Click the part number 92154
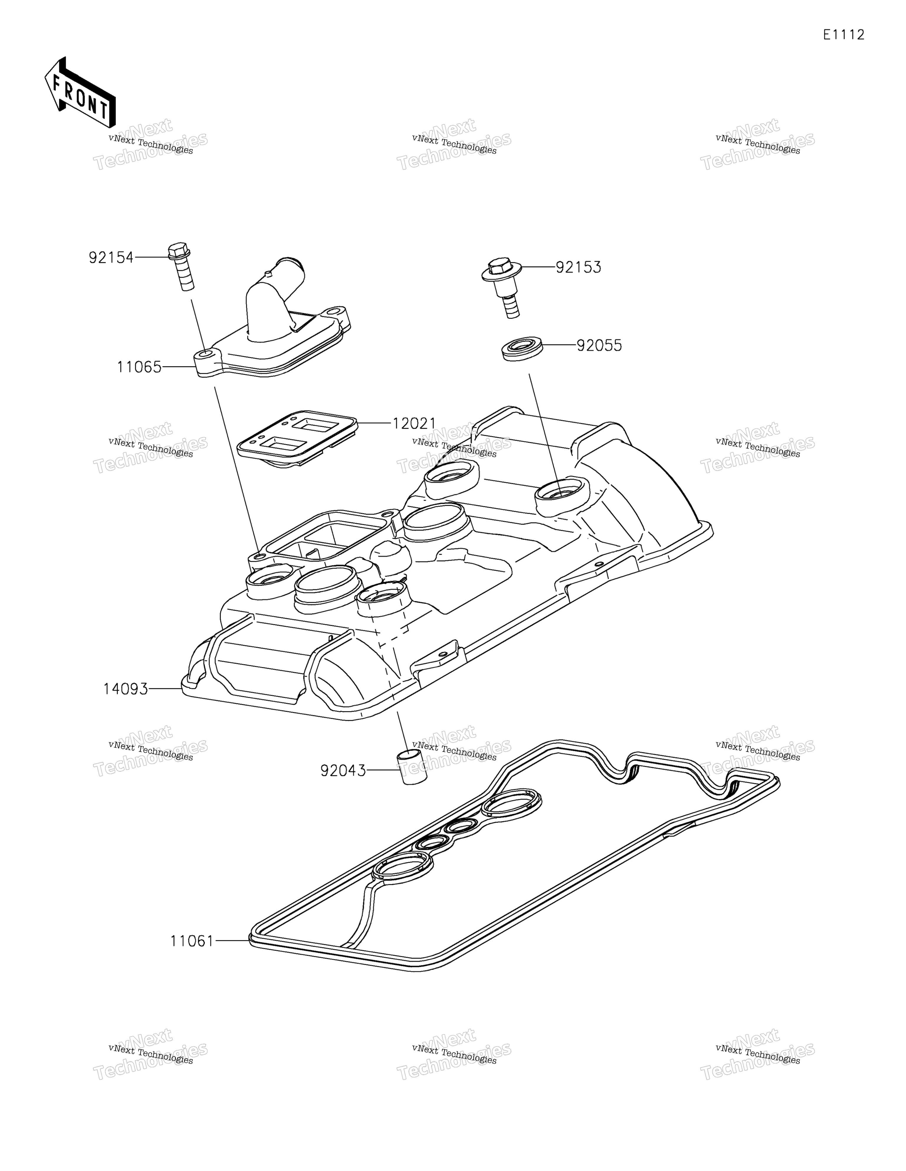[x=111, y=258]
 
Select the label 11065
[x=139, y=367]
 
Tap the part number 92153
[x=578, y=267]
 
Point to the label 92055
[x=599, y=345]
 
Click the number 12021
[x=414, y=424]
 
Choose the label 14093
[x=125, y=689]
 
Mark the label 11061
[x=192, y=941]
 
